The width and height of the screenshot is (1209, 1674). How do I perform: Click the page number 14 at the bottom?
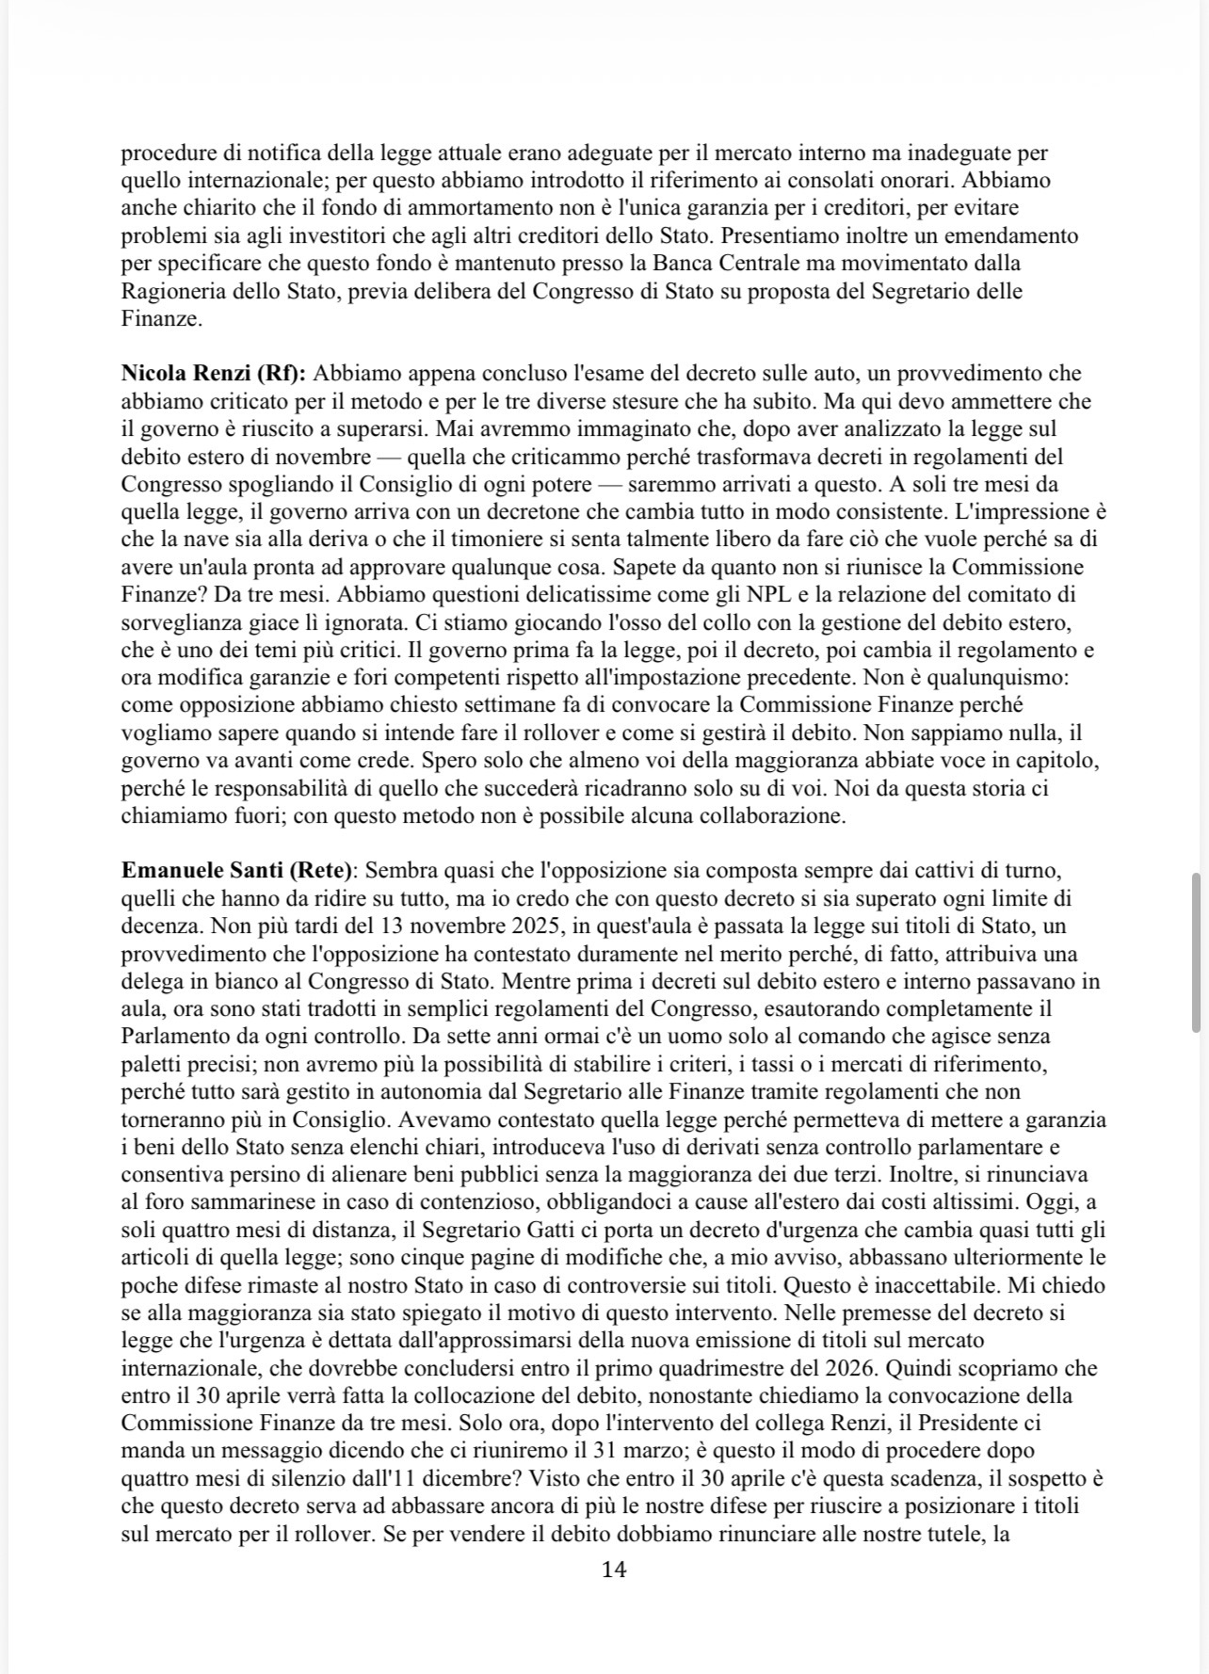[x=613, y=1569]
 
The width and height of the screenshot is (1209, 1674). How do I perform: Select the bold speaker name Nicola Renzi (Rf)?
[x=214, y=374]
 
